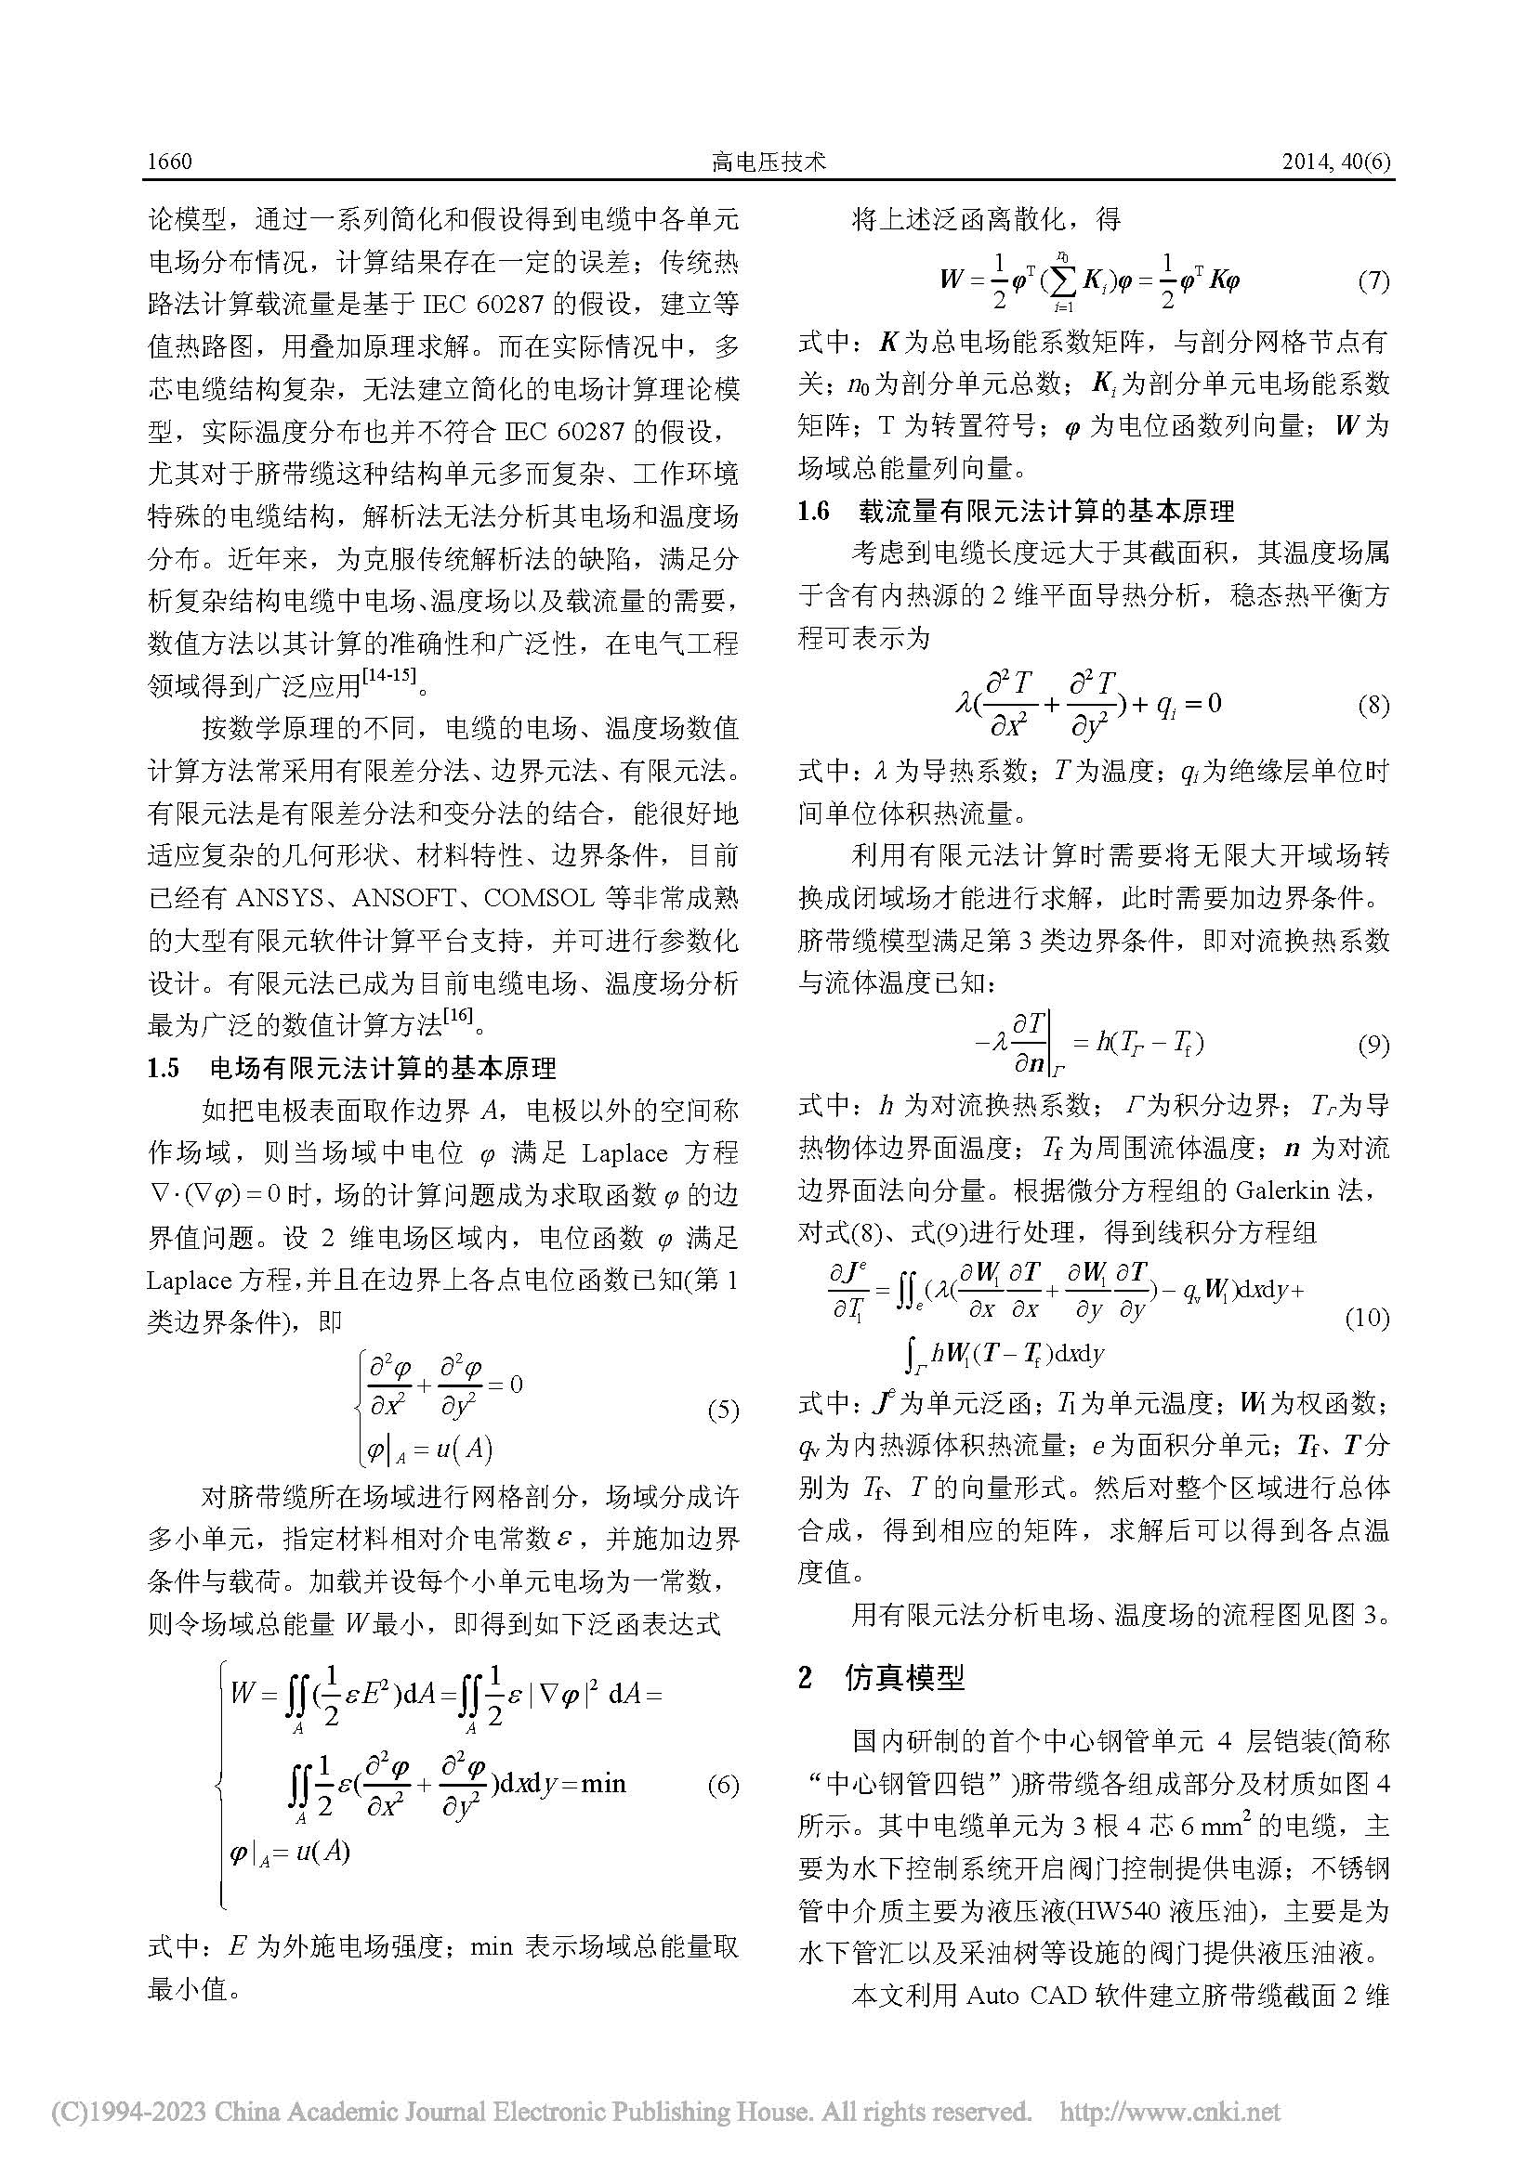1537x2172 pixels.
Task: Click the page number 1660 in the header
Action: tap(170, 162)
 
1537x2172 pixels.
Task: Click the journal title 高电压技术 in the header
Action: tap(768, 162)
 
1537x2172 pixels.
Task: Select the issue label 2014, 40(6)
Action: tap(1335, 162)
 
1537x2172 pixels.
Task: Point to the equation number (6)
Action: tap(723, 1785)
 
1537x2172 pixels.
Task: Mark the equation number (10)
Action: tap(1367, 1318)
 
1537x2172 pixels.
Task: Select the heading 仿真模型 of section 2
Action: tap(904, 1678)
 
